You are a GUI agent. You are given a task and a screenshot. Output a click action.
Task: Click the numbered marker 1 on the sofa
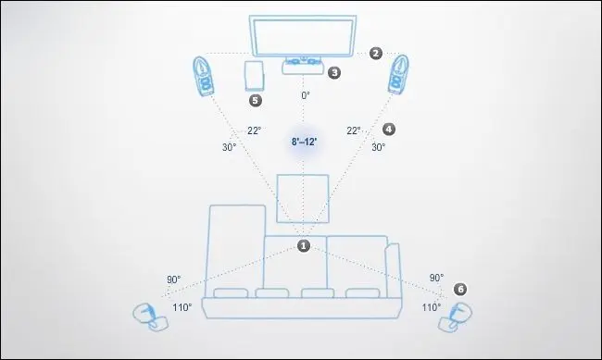click(x=303, y=245)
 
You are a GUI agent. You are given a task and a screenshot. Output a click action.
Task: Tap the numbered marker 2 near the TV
click(x=376, y=53)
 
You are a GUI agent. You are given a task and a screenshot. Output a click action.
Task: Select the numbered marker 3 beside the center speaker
click(x=334, y=72)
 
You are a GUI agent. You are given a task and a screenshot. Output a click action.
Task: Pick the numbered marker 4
click(x=389, y=129)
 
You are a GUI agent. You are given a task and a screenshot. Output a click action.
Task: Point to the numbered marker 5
click(x=256, y=101)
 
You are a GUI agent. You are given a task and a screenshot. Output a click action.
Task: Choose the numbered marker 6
click(x=460, y=289)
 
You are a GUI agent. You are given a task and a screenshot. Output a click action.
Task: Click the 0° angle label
click(x=306, y=95)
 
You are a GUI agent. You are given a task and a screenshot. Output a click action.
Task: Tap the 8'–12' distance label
click(x=304, y=142)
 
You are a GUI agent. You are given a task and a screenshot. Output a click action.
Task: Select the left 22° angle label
click(x=254, y=130)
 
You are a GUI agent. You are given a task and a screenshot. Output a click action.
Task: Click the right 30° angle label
click(x=378, y=147)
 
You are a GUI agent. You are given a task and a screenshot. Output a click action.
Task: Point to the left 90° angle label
click(x=173, y=279)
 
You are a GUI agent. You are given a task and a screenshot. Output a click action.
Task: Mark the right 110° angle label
click(x=432, y=307)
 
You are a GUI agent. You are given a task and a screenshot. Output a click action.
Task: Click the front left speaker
click(x=203, y=77)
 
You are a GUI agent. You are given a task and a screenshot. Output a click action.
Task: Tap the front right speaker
click(x=398, y=74)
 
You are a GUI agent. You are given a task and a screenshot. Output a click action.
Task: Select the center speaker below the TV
click(x=303, y=66)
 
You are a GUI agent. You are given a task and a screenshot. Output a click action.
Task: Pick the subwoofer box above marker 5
click(x=254, y=76)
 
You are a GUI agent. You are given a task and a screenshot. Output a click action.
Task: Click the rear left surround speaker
click(x=150, y=317)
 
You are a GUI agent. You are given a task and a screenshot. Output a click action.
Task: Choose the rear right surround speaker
click(x=456, y=317)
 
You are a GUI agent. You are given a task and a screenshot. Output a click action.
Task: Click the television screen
click(x=303, y=36)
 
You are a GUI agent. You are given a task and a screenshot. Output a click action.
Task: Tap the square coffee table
click(x=303, y=198)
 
